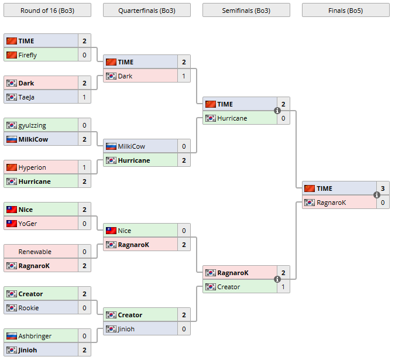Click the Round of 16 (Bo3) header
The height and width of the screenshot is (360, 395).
(47, 10)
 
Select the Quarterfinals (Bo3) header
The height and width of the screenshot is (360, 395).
(146, 10)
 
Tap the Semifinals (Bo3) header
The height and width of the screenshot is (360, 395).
(246, 10)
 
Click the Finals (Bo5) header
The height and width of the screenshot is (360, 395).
(345, 10)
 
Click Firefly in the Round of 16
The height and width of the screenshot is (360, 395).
(28, 55)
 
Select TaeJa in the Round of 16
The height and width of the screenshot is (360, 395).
(26, 97)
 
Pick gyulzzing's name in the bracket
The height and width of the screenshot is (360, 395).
(32, 125)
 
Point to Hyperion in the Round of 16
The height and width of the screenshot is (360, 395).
(32, 167)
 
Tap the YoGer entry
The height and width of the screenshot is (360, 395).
(28, 224)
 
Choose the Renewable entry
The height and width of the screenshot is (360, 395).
(35, 252)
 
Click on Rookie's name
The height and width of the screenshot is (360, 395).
(29, 308)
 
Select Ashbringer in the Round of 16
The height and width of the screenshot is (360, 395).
(35, 336)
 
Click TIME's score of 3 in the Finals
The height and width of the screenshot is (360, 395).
(383, 188)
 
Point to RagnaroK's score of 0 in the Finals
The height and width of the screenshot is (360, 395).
(383, 203)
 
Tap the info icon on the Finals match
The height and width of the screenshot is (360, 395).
(377, 196)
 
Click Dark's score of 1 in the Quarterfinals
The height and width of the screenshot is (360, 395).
(184, 76)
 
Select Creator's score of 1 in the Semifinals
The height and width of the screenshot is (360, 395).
(283, 287)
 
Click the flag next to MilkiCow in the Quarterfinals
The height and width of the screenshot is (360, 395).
(111, 146)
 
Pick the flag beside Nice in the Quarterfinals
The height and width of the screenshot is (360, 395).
(111, 231)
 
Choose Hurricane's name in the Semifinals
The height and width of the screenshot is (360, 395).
(232, 118)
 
